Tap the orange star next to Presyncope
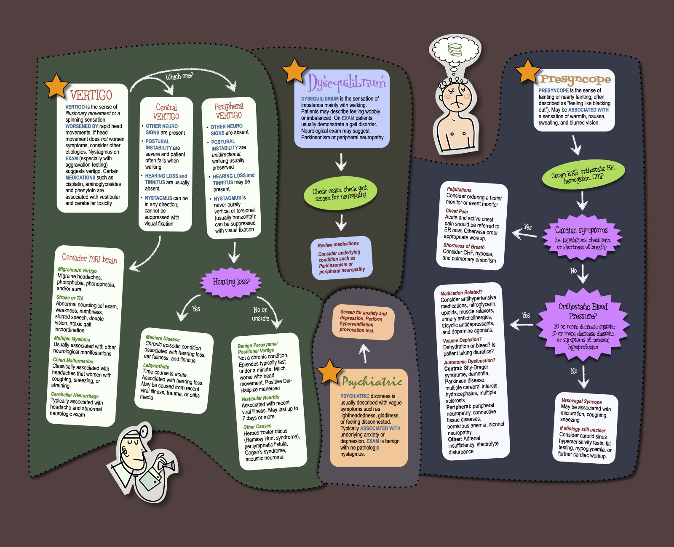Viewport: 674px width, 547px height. point(527,71)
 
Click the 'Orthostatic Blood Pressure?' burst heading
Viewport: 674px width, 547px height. point(583,311)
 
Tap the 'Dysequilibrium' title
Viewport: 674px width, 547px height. point(346,83)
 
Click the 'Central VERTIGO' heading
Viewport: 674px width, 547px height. point(166,112)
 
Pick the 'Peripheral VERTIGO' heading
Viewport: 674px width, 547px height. point(229,111)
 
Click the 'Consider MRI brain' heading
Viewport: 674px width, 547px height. point(90,258)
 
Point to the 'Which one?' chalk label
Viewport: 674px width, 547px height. point(179,76)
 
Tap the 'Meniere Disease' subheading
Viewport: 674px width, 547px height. point(163,338)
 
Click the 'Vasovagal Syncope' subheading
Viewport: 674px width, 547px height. point(581,401)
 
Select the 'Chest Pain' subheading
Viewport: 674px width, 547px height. point(457,211)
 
